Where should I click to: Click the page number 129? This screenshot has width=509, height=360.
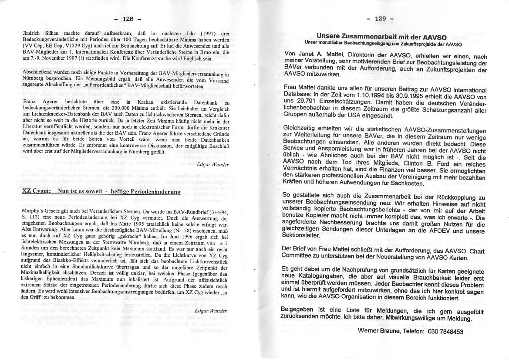tap(380, 19)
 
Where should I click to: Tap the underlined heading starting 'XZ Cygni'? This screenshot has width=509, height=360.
tap(101, 192)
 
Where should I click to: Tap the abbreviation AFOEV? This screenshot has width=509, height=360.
tap(438, 230)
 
